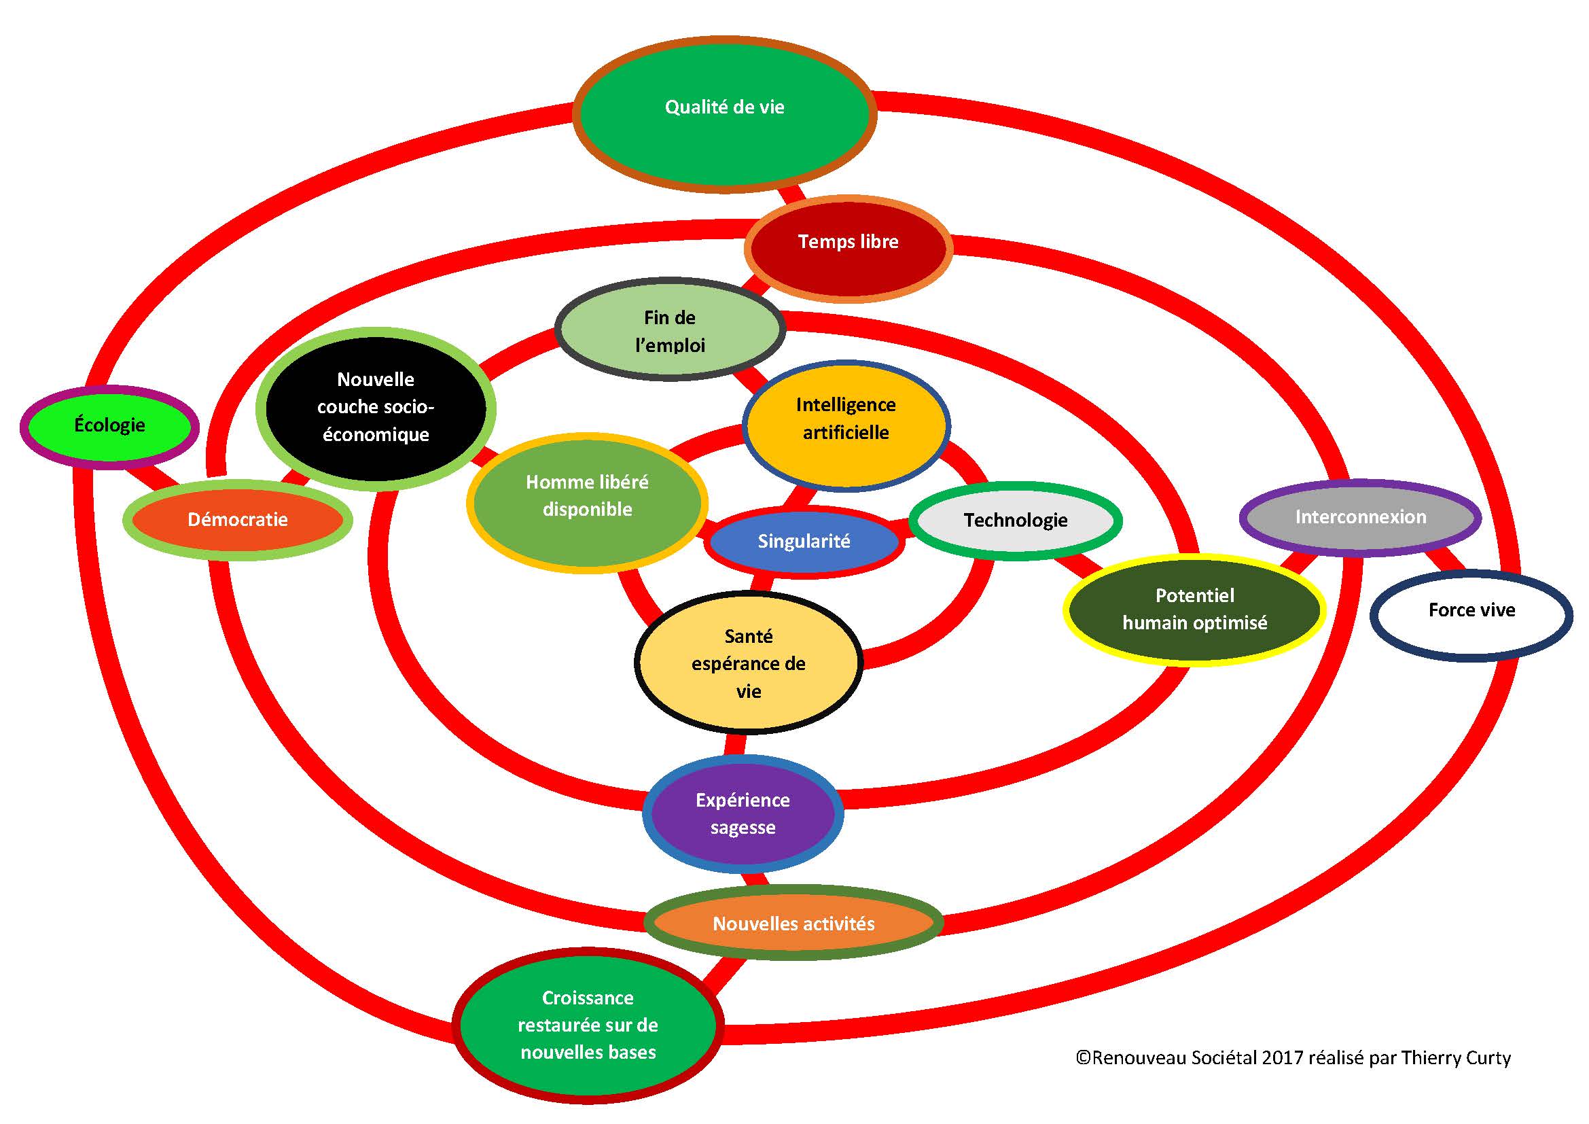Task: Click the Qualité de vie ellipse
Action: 725,114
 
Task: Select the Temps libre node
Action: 849,248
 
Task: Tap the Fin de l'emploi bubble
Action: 670,331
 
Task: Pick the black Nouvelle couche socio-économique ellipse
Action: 376,408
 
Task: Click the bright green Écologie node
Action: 109,425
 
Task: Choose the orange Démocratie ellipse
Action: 237,520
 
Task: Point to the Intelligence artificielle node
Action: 846,424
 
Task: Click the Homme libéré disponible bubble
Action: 587,501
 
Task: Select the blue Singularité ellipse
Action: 804,541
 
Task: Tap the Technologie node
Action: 1015,521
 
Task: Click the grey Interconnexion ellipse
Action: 1360,517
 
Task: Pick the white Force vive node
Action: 1471,612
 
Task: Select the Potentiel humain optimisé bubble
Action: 1194,609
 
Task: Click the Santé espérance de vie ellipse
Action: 748,663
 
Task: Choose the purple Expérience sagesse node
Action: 743,814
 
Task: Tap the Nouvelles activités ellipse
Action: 793,924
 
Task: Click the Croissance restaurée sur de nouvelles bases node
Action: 588,1025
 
